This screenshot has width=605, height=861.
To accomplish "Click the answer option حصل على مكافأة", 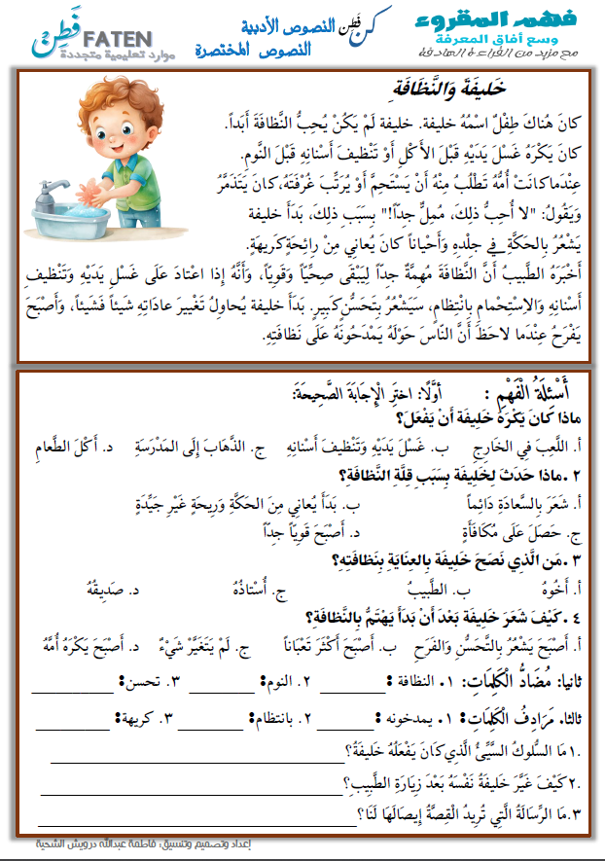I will pos(531,532).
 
